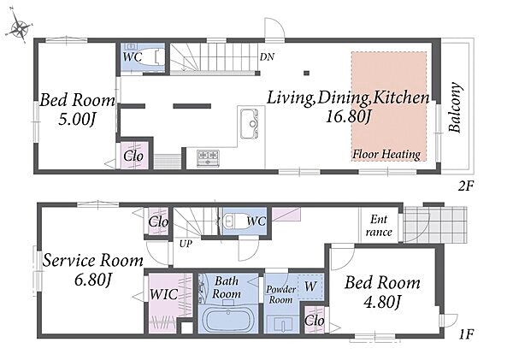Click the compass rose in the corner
[x=20, y=28]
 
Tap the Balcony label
[x=455, y=108]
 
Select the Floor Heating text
[x=386, y=154]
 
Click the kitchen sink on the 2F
[x=250, y=123]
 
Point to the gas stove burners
[x=208, y=157]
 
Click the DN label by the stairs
[x=267, y=57]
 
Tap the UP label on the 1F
[x=186, y=244]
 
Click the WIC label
[x=163, y=294]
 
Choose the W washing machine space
[x=310, y=286]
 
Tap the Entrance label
[x=379, y=226]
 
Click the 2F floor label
[x=466, y=186]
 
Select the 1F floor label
[x=466, y=334]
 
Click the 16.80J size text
[x=349, y=115]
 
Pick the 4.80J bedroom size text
[x=382, y=302]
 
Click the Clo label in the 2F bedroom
[x=133, y=156]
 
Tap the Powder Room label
[x=280, y=294]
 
